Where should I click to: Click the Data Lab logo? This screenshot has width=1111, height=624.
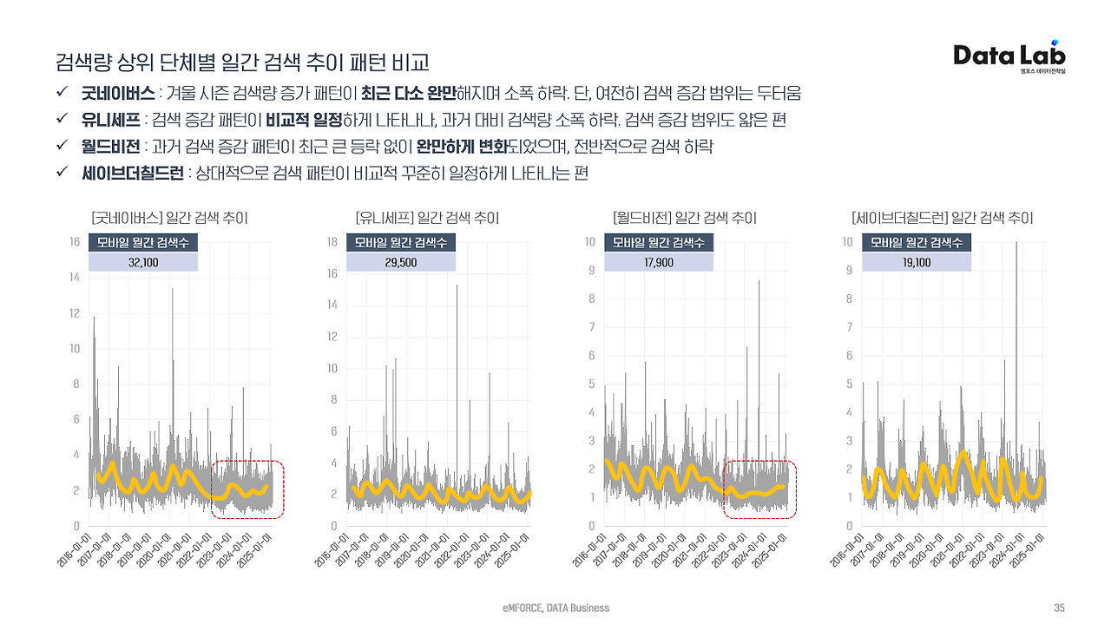(x=1009, y=56)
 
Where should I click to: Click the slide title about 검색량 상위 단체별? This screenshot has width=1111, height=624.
(x=242, y=62)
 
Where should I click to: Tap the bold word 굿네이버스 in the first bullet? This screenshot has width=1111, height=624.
(x=119, y=93)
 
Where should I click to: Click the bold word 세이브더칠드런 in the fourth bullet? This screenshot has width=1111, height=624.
(x=133, y=174)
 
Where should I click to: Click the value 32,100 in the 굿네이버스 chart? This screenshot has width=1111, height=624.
(x=143, y=261)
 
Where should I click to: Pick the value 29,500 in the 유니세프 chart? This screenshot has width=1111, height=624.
(x=401, y=261)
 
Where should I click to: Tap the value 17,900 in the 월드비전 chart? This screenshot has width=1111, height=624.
(x=659, y=261)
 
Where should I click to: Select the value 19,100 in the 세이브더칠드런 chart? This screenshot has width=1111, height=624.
(x=916, y=261)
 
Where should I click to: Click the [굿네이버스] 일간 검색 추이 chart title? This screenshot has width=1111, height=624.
(x=169, y=218)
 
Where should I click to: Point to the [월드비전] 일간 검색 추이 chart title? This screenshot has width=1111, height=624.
(x=685, y=218)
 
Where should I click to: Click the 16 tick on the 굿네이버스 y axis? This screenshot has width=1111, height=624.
(x=75, y=241)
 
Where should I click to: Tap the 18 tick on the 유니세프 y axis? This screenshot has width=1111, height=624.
(x=332, y=241)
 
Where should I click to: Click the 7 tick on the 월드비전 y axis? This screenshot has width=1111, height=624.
(x=592, y=327)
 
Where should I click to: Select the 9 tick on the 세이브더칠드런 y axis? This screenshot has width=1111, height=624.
(x=849, y=270)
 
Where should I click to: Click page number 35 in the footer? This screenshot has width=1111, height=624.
(x=1059, y=608)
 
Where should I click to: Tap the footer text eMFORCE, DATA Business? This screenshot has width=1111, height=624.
(x=555, y=608)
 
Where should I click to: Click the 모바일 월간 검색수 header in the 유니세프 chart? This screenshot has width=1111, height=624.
(x=400, y=242)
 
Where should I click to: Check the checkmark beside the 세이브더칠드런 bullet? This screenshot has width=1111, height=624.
(x=62, y=174)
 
